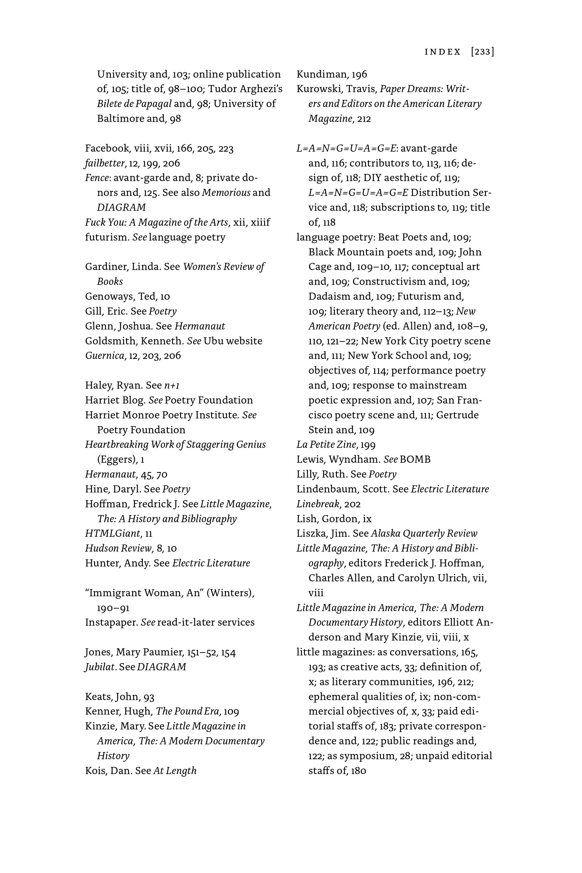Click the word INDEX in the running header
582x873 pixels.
point(442,52)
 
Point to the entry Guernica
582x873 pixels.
point(105,356)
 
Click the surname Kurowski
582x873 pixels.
point(318,89)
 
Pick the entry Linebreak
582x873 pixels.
point(318,504)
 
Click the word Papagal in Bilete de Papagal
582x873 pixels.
point(154,103)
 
